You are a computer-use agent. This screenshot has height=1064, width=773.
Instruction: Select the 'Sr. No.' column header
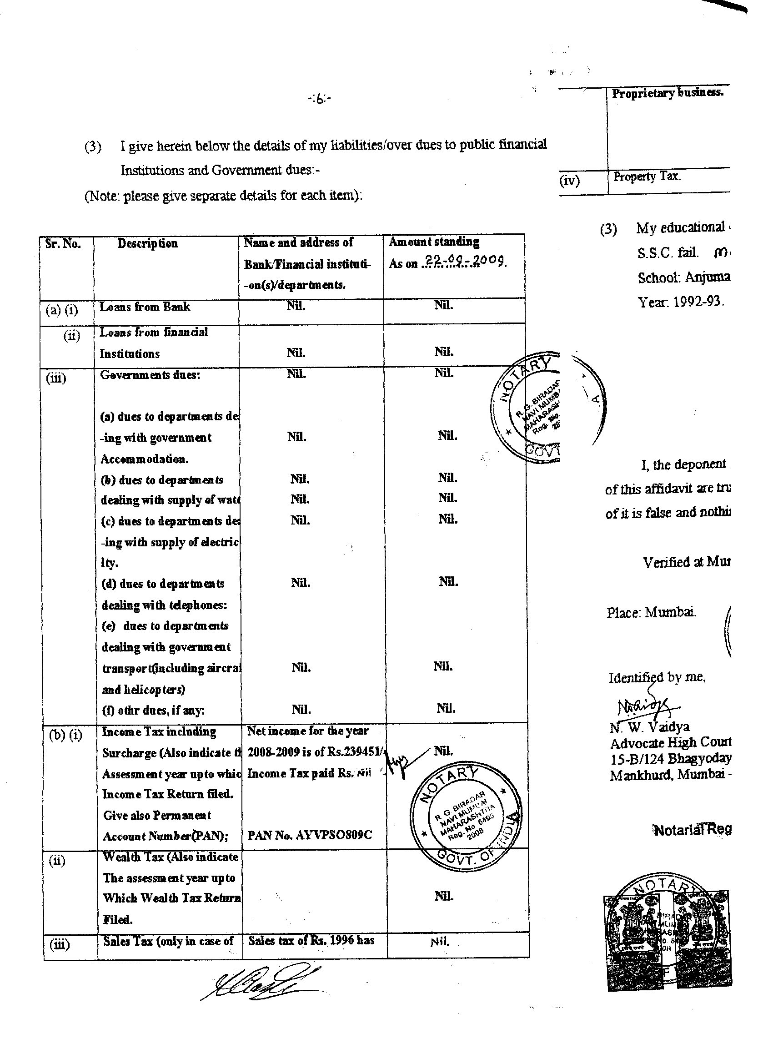[63, 244]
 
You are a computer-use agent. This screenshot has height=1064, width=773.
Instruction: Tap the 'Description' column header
[147, 243]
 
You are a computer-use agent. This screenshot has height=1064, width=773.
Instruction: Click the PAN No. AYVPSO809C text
[310, 836]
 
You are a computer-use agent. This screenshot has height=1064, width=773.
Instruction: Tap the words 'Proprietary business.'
[668, 93]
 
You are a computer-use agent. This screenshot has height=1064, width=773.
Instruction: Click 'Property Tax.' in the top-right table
[646, 177]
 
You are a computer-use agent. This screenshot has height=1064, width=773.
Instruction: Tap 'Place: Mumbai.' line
[651, 612]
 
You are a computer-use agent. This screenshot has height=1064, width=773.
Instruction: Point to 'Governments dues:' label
[150, 375]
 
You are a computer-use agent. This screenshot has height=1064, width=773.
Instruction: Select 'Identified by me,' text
[657, 677]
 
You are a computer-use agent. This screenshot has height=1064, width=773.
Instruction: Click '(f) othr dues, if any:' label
[153, 710]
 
